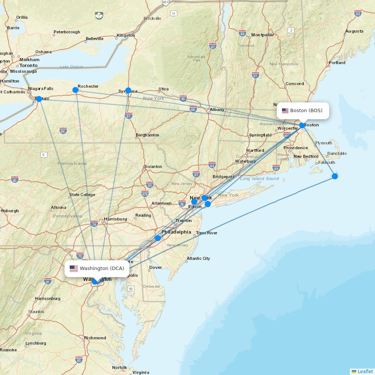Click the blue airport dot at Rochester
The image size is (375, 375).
click(x=75, y=90)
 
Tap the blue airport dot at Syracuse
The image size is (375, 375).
click(x=128, y=90)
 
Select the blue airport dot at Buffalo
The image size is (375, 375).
click(x=39, y=99)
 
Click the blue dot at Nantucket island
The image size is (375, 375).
click(x=335, y=176)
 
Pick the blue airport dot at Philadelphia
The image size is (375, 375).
click(x=158, y=238)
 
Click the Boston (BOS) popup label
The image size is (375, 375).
click(x=303, y=111)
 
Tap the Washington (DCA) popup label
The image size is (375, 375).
click(x=97, y=268)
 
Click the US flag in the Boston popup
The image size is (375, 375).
click(x=285, y=111)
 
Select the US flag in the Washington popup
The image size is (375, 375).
click(x=73, y=268)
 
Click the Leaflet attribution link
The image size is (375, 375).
click(x=365, y=371)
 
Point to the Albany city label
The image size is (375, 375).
click(x=217, y=109)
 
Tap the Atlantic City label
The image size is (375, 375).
click(x=198, y=258)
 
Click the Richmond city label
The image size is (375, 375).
click(x=95, y=338)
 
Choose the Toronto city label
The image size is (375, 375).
click(x=28, y=65)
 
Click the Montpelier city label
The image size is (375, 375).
click(x=262, y=35)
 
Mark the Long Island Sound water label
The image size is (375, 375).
click(x=259, y=178)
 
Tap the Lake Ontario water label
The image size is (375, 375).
click(x=72, y=67)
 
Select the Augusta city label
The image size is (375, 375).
click(x=354, y=31)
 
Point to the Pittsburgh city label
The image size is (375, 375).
click(x=8, y=211)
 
